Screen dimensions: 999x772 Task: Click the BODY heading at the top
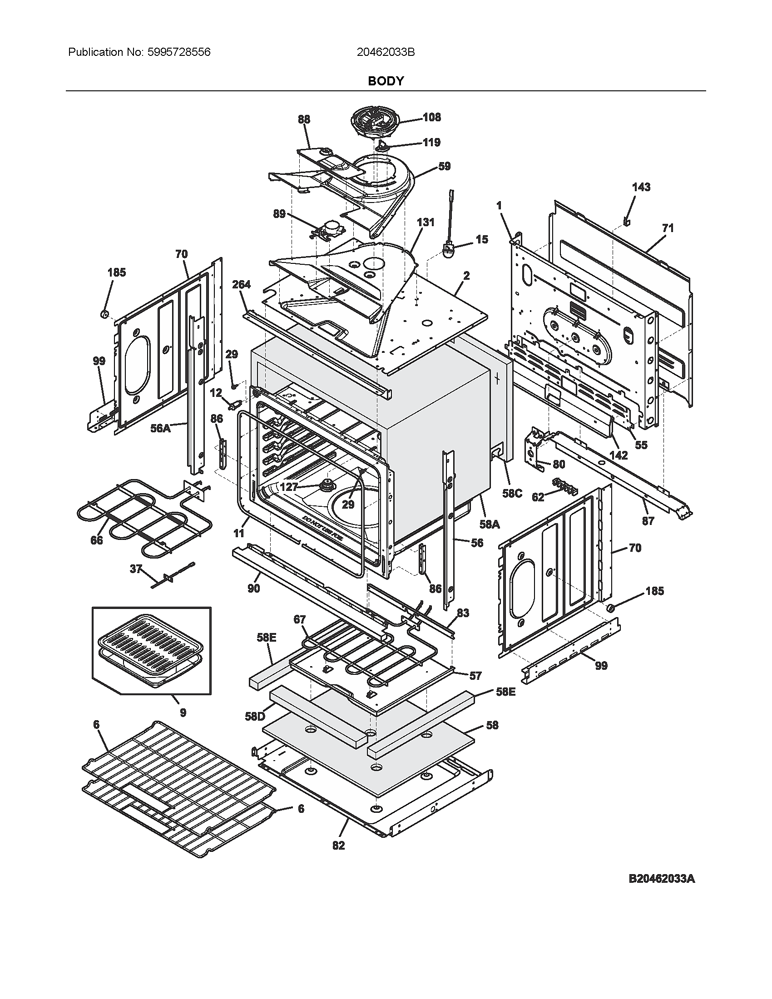(x=386, y=81)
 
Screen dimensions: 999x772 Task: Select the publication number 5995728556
(x=179, y=52)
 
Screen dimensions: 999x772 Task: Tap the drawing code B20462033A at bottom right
(x=661, y=891)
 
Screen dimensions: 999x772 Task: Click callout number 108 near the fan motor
(x=431, y=117)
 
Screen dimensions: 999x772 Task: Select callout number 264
(x=241, y=285)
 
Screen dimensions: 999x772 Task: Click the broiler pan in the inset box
(x=152, y=652)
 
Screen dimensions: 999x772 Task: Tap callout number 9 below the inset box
(x=183, y=712)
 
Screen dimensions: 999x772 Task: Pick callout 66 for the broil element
(x=96, y=540)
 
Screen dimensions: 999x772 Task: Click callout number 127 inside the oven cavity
(x=289, y=487)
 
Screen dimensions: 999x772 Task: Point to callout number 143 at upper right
(x=641, y=187)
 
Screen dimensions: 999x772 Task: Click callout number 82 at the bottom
(x=338, y=846)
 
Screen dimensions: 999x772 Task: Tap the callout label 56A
(x=160, y=428)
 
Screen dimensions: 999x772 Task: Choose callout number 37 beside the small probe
(x=135, y=569)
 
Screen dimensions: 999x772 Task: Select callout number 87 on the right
(x=648, y=520)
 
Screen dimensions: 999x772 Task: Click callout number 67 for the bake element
(x=300, y=620)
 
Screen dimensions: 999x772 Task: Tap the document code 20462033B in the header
(x=386, y=52)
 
